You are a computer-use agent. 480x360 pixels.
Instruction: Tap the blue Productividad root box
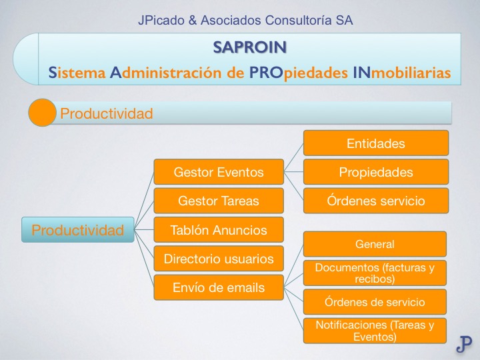pos(78,231)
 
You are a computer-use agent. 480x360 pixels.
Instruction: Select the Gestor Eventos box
pos(219,172)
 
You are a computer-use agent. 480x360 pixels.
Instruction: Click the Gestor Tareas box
pos(219,201)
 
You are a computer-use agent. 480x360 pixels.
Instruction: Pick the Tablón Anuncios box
pos(219,231)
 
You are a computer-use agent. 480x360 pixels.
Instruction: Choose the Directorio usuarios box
pos(219,259)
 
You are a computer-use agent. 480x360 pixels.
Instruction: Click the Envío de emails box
pos(219,288)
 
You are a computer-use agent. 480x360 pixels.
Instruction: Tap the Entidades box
pos(376,143)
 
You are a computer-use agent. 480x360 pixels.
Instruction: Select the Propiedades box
pos(376,172)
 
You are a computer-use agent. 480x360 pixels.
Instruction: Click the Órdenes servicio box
pos(376,201)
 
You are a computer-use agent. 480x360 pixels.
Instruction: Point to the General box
pos(375,244)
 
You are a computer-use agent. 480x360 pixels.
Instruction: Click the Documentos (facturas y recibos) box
pos(375,273)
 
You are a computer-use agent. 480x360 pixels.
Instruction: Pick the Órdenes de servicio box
pos(375,302)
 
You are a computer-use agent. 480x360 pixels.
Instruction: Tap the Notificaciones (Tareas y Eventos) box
pos(375,331)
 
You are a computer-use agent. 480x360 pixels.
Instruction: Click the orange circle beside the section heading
pos(41,113)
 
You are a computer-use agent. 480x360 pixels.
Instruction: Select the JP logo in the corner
pos(464,343)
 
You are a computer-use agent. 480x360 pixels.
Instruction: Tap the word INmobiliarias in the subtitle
pos(406,73)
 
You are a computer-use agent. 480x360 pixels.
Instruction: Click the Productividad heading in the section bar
pos(107,113)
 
